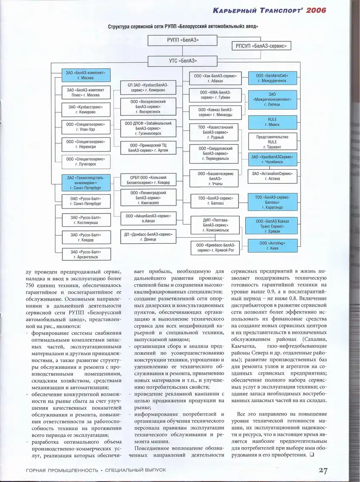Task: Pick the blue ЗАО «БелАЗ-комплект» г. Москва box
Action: pos(85,75)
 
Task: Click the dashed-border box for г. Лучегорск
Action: pos(85,161)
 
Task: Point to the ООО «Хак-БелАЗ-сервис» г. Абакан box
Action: pos(215,78)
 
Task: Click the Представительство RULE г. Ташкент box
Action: pos(272,141)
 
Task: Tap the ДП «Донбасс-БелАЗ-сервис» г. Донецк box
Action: pos(148,237)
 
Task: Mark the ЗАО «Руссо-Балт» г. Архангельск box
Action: pos(85,254)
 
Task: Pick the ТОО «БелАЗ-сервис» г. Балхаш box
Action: pos(215,201)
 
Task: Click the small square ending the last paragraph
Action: pos(312,455)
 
